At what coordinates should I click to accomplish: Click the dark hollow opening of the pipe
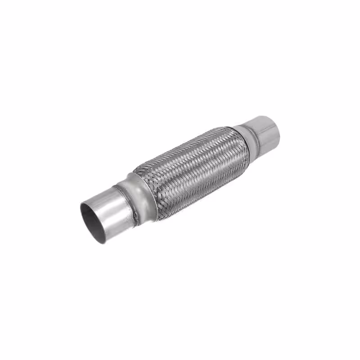coord(93,220)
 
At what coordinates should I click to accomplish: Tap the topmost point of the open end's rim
coord(83,204)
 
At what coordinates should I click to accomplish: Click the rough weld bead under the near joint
coord(135,220)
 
